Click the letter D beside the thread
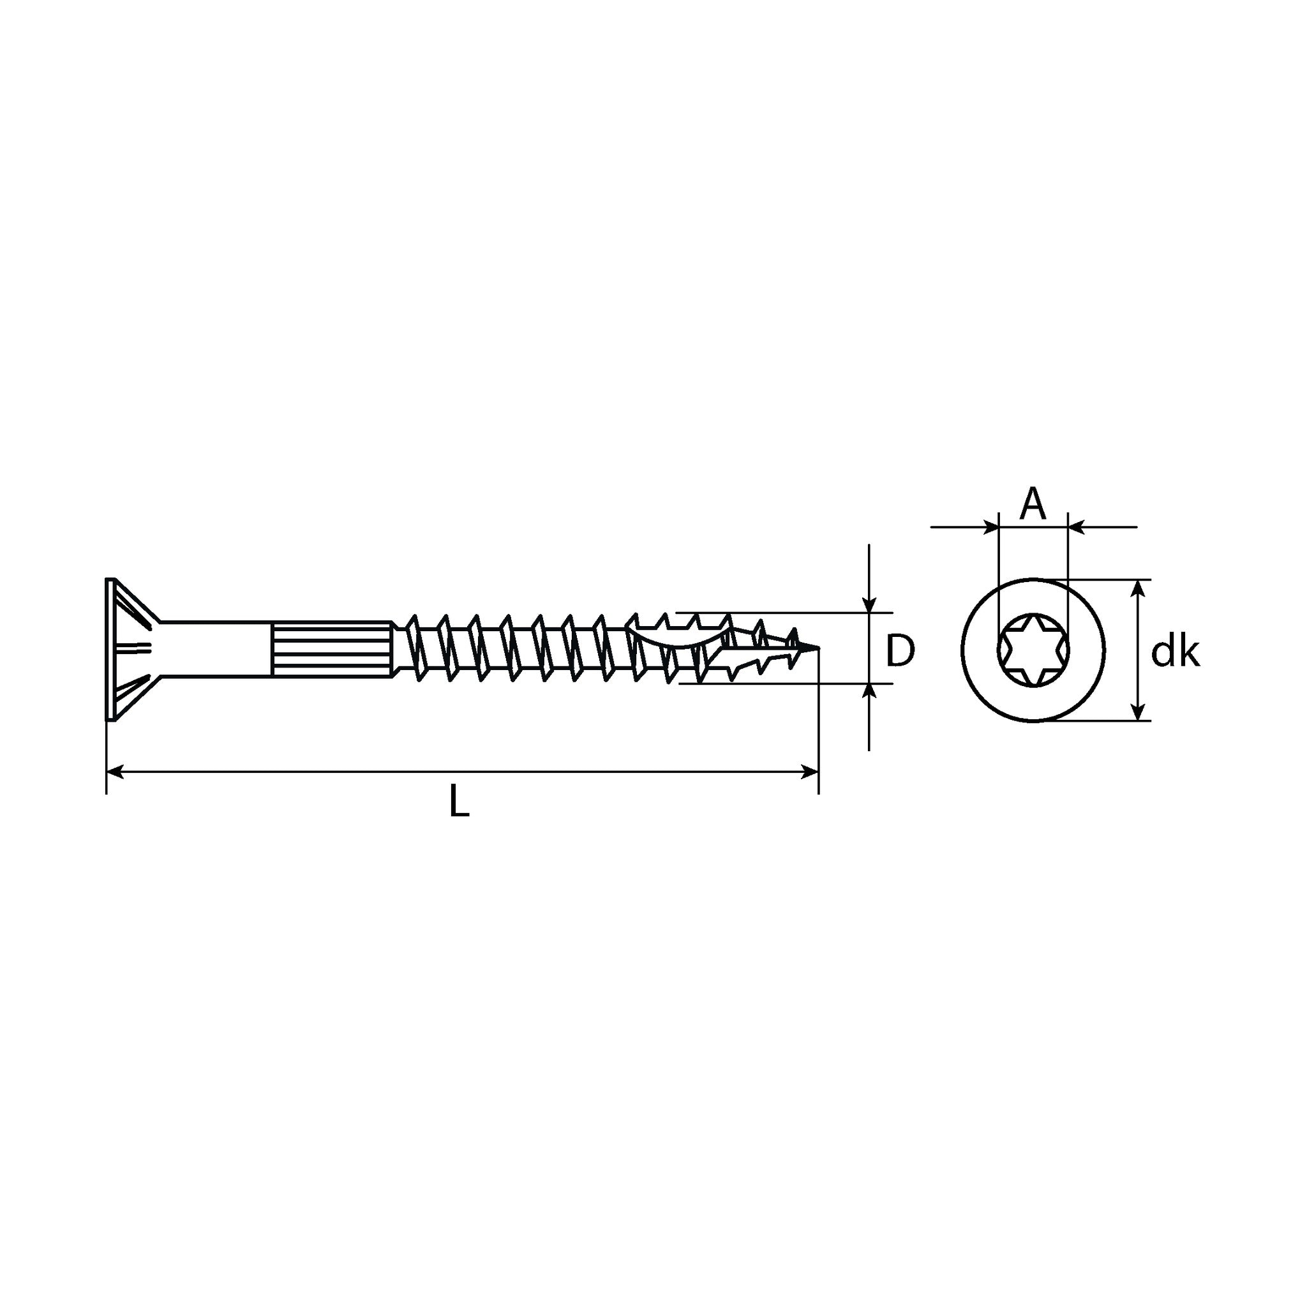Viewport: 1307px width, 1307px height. click(900, 650)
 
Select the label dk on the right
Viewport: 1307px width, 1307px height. click(1176, 652)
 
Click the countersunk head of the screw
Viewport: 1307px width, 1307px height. click(133, 650)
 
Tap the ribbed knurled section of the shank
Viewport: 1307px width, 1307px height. click(331, 649)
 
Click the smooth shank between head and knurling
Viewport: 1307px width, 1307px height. click(215, 649)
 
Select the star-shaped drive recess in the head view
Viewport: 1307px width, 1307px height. click(1033, 650)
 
